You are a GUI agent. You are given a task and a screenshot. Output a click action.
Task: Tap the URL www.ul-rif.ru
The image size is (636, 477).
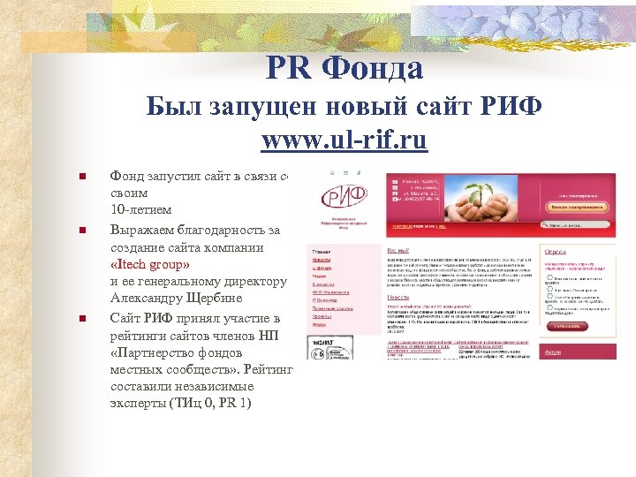pyautogui.click(x=344, y=140)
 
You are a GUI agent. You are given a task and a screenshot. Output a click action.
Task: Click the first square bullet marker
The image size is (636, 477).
pyautogui.click(x=80, y=177)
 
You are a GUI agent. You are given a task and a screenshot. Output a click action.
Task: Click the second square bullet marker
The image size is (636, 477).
pyautogui.click(x=80, y=231)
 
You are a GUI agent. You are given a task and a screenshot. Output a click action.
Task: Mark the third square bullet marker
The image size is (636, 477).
pyautogui.click(x=80, y=318)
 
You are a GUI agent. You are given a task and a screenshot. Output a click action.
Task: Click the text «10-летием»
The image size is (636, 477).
pyautogui.click(x=140, y=209)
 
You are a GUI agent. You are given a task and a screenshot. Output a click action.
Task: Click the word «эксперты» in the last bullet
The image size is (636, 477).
pyautogui.click(x=136, y=403)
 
